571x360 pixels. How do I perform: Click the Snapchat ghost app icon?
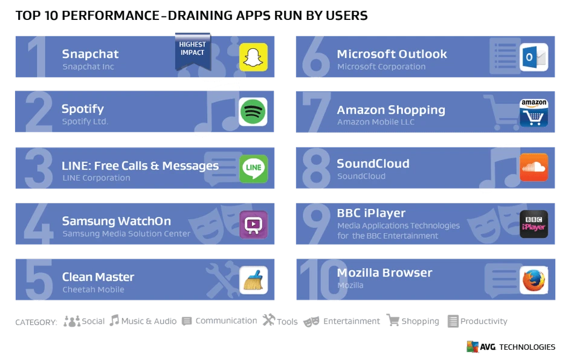(253, 57)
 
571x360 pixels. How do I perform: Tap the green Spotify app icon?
(253, 112)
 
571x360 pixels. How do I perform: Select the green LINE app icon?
(253, 169)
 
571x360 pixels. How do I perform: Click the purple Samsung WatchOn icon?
(253, 225)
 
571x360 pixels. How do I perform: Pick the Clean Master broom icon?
(253, 280)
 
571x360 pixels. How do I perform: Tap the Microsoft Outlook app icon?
(534, 57)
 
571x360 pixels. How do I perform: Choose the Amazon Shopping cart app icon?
(534, 113)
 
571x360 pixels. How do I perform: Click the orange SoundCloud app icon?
(534, 167)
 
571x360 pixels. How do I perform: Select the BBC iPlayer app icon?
(534, 224)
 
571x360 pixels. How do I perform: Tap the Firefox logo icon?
(534, 280)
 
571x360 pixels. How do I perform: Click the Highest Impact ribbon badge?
(192, 51)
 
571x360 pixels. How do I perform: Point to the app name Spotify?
(83, 109)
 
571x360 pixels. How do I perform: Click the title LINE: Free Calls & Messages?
(140, 166)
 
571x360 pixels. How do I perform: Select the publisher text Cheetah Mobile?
(93, 289)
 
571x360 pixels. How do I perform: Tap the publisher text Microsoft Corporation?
(381, 66)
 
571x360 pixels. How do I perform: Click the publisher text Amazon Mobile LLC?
(375, 122)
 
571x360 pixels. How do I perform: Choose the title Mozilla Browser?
(384, 272)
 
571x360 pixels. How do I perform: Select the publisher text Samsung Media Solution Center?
(126, 233)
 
